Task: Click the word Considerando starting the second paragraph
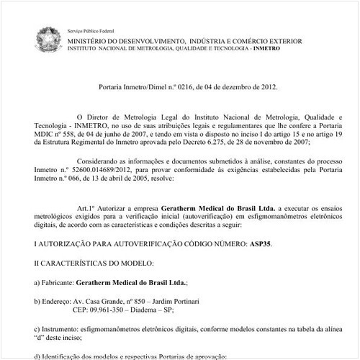97,163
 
